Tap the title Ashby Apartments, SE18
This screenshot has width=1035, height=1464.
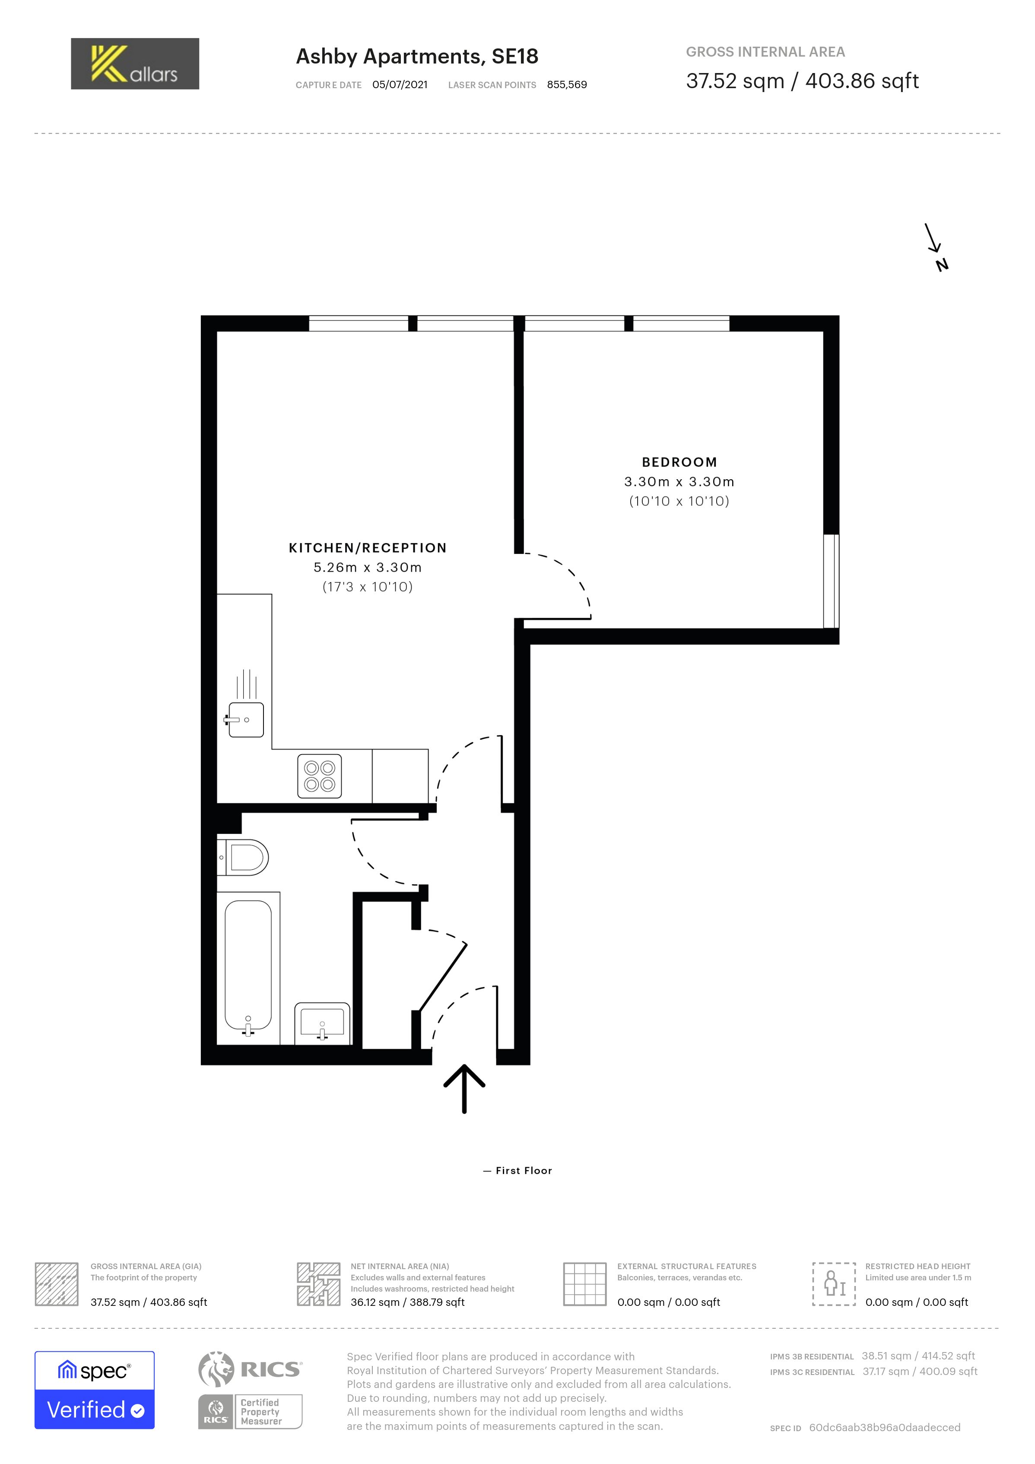[417, 57]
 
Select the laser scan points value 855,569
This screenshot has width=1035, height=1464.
[567, 85]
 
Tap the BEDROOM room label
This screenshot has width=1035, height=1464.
[679, 462]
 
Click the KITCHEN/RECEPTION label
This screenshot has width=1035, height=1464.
[368, 548]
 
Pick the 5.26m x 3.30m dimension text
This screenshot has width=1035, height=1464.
[368, 567]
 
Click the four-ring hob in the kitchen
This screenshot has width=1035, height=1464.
[319, 776]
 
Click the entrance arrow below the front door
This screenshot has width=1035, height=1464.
[464, 1089]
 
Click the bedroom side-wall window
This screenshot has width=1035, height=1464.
[831, 581]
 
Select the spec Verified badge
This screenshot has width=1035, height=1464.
[94, 1390]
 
